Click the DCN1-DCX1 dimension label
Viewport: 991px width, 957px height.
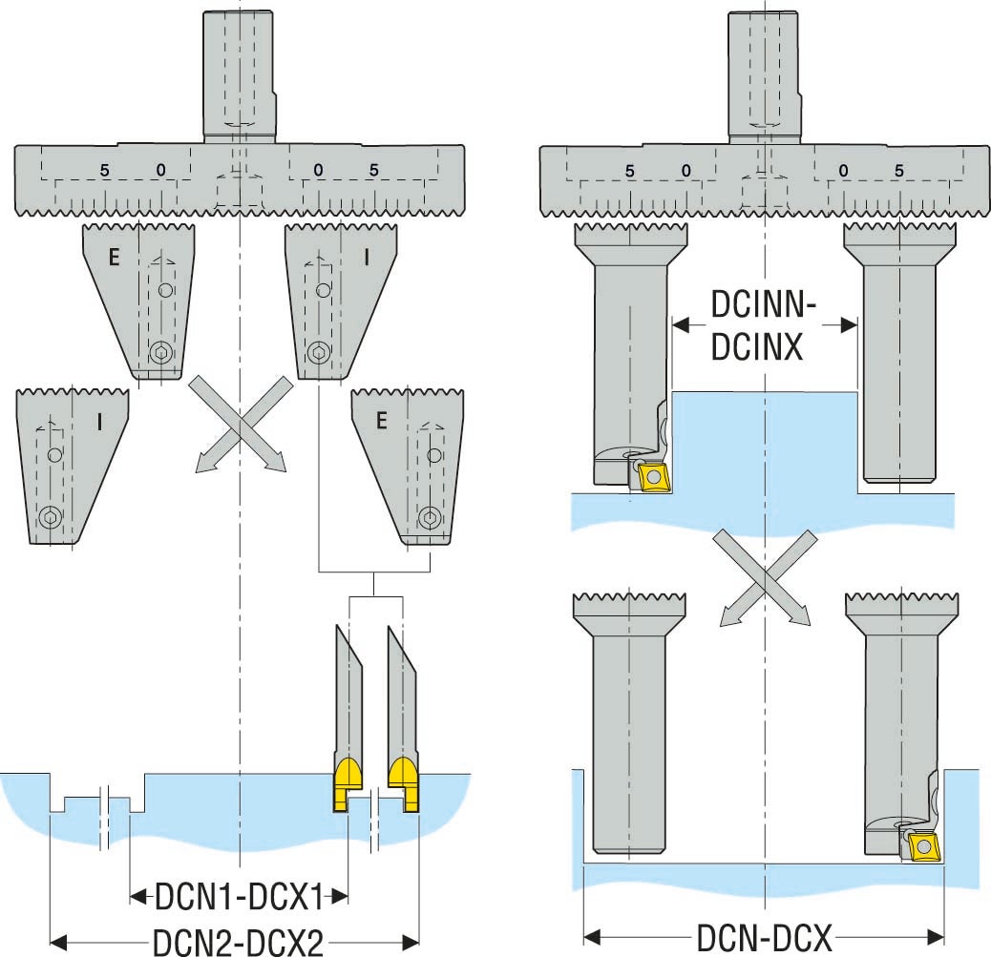(x=239, y=896)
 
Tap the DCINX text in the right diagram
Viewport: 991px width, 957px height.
(x=756, y=346)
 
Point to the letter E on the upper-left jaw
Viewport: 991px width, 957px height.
(x=114, y=257)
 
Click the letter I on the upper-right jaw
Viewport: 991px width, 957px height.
(x=366, y=257)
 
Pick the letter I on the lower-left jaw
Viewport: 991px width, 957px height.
(x=100, y=422)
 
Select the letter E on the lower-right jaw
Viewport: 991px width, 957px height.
(x=381, y=421)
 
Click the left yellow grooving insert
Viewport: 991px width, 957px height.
(x=348, y=784)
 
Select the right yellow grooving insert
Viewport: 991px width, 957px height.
(x=405, y=784)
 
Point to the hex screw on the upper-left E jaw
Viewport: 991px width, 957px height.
(x=161, y=354)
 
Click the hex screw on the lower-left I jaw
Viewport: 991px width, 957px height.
(x=49, y=518)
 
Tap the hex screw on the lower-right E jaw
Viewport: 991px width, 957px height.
(x=431, y=517)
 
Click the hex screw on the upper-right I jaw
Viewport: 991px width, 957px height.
(x=319, y=353)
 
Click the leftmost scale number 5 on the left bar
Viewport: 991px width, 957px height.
(x=104, y=171)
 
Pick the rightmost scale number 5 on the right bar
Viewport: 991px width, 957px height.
(x=899, y=171)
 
